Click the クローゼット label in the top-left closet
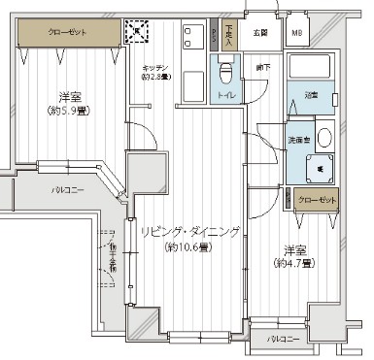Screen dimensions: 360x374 point(66,31)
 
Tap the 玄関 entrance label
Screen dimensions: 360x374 point(260,33)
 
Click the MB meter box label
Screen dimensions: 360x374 point(297,33)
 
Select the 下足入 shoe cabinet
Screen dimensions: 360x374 point(228,35)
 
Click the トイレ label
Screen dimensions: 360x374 point(225,98)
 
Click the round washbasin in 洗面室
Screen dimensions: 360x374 point(323,136)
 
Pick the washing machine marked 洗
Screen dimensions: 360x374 point(321,168)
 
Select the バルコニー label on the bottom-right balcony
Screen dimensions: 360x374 point(284,339)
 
